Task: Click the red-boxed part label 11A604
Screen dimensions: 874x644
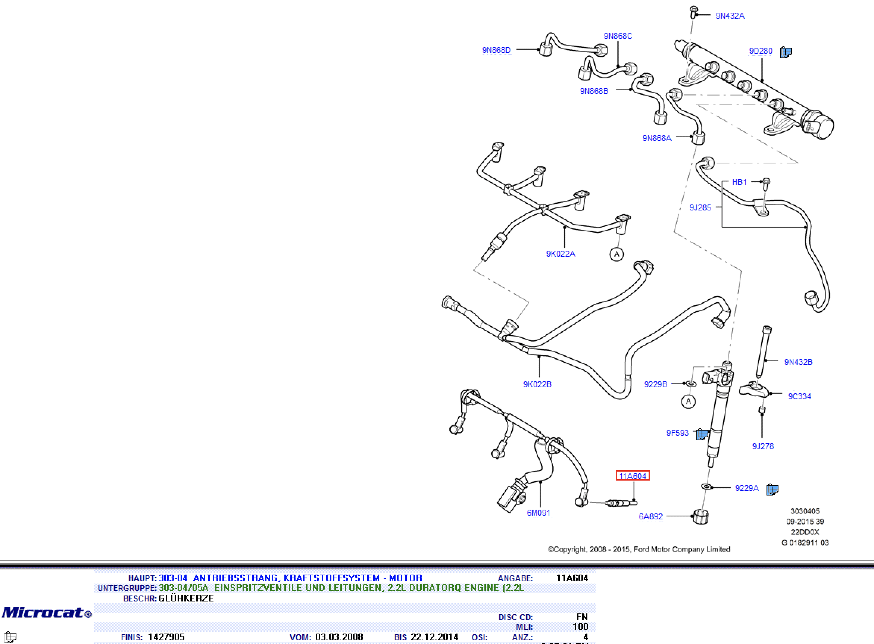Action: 633,476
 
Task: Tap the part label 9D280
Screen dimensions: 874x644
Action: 761,51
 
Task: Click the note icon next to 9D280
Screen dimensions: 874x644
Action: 786,52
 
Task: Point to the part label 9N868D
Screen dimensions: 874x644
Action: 496,50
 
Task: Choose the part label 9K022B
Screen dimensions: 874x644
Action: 537,384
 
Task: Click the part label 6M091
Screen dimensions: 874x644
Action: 539,513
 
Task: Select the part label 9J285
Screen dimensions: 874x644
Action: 700,207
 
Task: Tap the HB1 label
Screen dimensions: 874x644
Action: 739,182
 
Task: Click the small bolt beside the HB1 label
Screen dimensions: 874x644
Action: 766,184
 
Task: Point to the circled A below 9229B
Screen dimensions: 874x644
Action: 689,401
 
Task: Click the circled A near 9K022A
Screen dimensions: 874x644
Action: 617,254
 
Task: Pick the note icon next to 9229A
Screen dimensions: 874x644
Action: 772,489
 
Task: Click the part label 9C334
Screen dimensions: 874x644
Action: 799,396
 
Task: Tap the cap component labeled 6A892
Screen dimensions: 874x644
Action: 700,517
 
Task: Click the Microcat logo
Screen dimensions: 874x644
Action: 47,612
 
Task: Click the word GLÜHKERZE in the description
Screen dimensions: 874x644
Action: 186,598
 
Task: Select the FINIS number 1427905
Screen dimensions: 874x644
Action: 166,637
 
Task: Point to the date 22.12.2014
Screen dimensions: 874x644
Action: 435,637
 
